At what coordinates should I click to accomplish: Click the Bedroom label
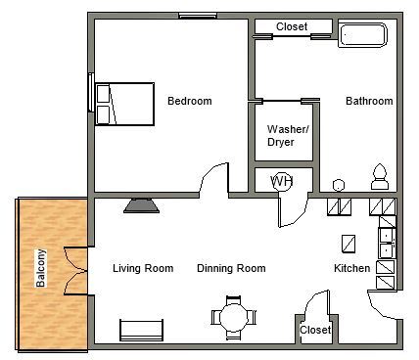click(x=189, y=101)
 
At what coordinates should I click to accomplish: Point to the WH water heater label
click(x=282, y=181)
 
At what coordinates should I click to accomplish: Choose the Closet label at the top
click(x=292, y=26)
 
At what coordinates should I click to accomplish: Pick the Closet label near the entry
click(x=315, y=331)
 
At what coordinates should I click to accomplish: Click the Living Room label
click(x=143, y=268)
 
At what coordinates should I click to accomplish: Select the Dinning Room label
click(x=231, y=268)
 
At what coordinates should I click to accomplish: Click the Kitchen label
click(x=351, y=268)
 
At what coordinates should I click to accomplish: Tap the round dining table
click(x=233, y=317)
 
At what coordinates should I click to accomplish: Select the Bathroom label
click(x=369, y=101)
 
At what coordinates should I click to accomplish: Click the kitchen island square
click(x=349, y=243)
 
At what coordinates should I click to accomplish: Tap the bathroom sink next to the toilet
click(x=339, y=183)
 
